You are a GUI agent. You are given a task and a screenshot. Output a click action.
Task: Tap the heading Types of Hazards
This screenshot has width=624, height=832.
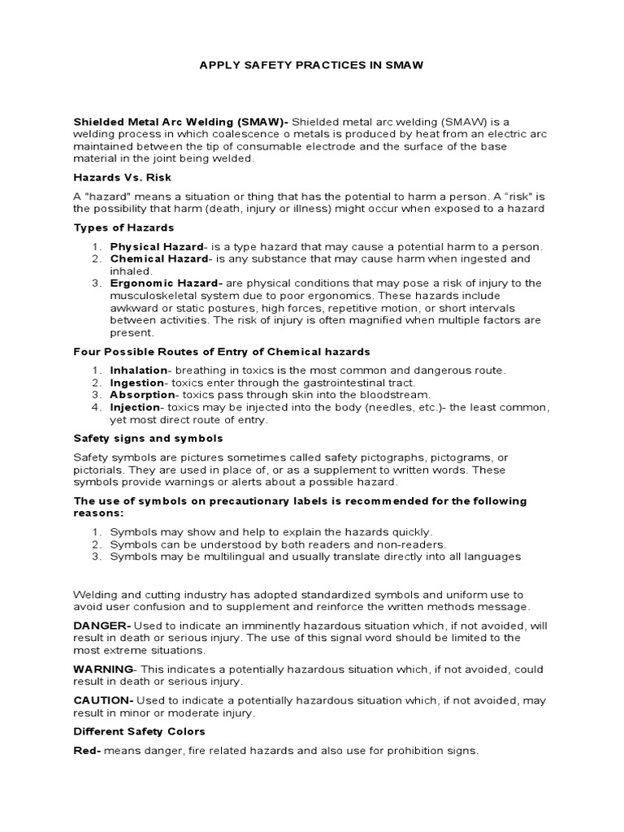[123, 227]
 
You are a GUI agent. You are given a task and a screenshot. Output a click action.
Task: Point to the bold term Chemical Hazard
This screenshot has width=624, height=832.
[158, 258]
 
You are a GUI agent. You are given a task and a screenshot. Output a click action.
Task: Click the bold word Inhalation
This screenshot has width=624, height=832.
[138, 370]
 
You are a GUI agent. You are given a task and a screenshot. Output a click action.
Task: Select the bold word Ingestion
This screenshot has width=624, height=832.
[136, 382]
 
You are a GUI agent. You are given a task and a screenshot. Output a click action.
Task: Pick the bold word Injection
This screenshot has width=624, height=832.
[134, 406]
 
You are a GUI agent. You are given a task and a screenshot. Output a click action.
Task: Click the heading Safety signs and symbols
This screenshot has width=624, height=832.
[148, 438]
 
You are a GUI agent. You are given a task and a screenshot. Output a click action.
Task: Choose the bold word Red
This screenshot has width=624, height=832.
[85, 751]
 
